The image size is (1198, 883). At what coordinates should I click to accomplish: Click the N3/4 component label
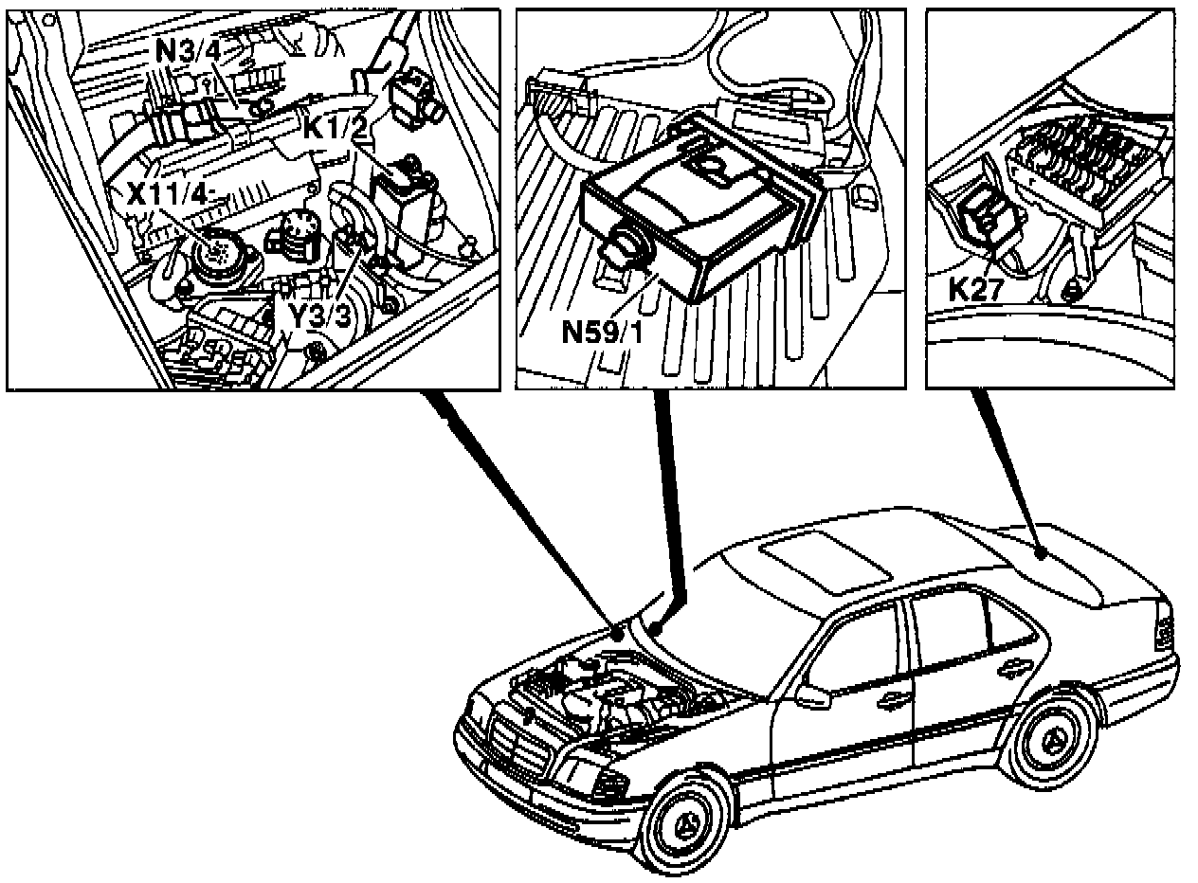tap(189, 50)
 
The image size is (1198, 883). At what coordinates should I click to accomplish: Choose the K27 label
tap(975, 290)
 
